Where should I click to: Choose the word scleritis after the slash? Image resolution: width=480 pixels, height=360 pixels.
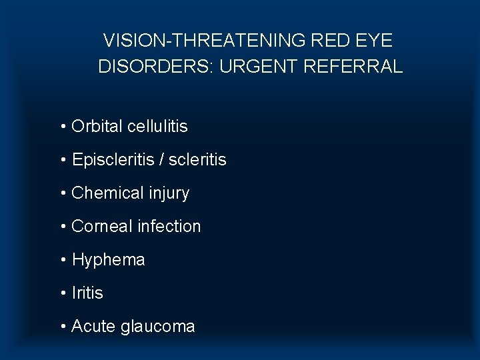coord(197,160)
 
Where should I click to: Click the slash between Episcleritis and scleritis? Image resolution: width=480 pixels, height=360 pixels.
coord(162,160)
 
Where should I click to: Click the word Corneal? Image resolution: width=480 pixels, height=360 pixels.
coord(101,227)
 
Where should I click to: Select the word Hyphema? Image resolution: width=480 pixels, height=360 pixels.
coord(108,260)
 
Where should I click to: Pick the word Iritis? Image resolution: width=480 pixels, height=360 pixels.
coord(87,293)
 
